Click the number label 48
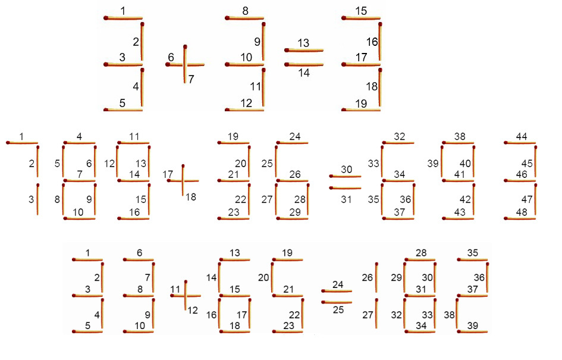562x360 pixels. pos(521,211)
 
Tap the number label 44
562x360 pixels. pos(522,136)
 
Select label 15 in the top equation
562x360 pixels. pos(360,11)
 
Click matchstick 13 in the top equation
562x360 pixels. pos(304,51)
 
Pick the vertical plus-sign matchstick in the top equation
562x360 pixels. pos(185,64)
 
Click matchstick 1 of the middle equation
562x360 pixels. pos(22,143)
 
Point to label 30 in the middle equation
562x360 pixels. pos(346,169)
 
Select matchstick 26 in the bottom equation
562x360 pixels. pos(376,278)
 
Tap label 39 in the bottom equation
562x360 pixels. pos(475,324)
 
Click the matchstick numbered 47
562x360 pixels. pos(536,200)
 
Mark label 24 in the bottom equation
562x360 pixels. pos(338,285)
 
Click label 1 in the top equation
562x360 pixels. pos(123,11)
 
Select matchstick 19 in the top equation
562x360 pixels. pos(362,109)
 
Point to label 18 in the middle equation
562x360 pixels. pos(190,197)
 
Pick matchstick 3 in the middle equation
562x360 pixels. pos(37,200)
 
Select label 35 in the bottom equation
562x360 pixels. pos(473,252)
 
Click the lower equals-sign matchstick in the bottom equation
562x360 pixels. pos(337,302)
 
